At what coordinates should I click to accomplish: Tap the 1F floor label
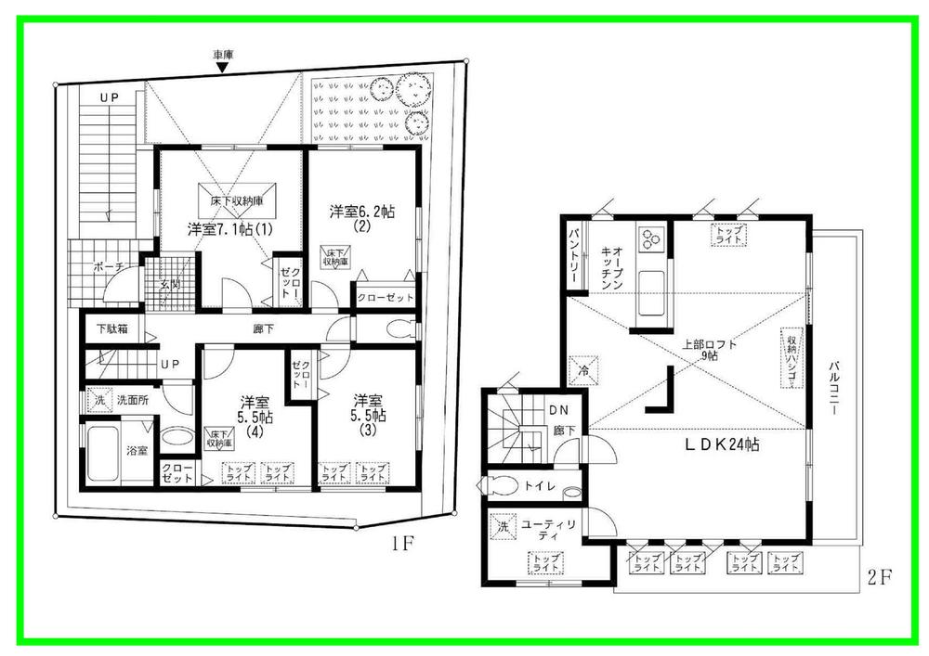point(401,545)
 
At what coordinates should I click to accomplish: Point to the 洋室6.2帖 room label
point(362,212)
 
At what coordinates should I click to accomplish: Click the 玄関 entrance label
point(169,285)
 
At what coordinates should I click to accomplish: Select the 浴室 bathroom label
point(138,451)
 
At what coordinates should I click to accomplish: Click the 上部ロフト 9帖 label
point(710,350)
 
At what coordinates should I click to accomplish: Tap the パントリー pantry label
point(574,250)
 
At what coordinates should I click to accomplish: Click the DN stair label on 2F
point(558,409)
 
